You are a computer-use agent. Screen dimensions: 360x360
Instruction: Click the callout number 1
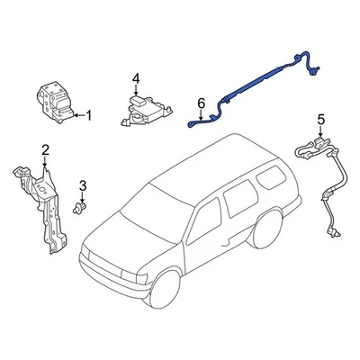[88, 115]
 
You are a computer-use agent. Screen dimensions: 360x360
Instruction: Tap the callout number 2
[45, 148]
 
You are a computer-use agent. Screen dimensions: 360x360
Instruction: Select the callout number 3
[83, 186]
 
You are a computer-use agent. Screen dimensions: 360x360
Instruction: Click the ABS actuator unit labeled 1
[55, 101]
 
